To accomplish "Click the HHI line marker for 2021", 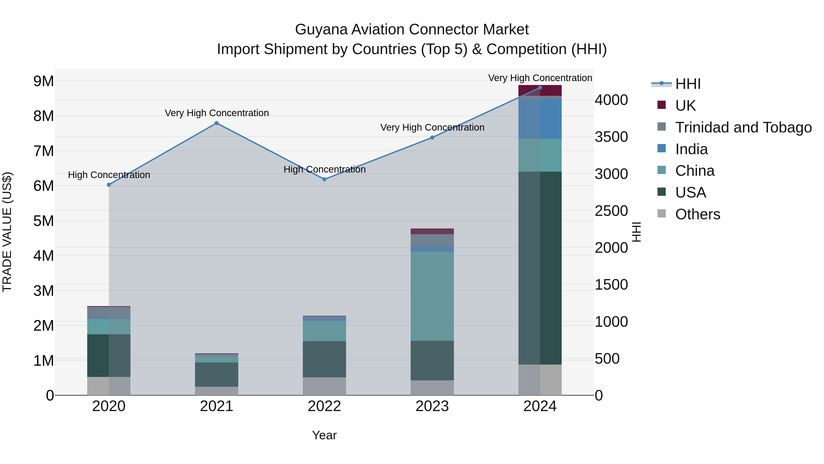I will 217,123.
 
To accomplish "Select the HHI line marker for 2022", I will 324,179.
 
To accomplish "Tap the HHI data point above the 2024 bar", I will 540,88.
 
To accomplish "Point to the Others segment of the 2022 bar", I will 324,386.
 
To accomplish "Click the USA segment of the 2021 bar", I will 217,374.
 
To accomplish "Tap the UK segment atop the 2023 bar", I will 432,231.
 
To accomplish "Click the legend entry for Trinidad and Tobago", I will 743,127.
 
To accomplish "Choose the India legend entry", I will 691,149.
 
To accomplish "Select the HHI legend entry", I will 688,84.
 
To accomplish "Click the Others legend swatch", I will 661,214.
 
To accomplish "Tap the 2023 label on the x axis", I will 432,406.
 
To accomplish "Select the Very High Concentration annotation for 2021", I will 217,113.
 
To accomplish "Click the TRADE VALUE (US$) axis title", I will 7,232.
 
